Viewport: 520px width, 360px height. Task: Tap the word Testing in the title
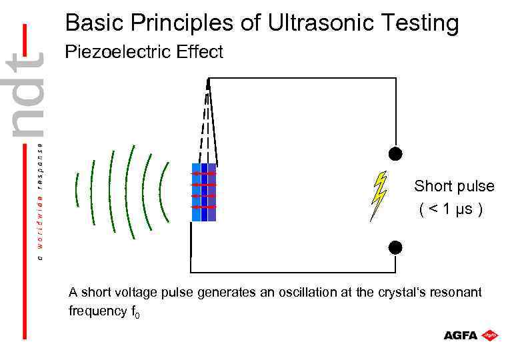click(420, 23)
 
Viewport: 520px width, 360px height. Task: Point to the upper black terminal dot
click(395, 155)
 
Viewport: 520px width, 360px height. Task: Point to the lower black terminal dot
click(395, 247)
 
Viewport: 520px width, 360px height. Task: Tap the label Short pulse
click(454, 186)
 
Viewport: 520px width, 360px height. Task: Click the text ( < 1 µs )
click(451, 209)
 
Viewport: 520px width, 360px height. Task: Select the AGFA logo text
click(461, 335)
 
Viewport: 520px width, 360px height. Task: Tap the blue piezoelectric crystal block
click(203, 192)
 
